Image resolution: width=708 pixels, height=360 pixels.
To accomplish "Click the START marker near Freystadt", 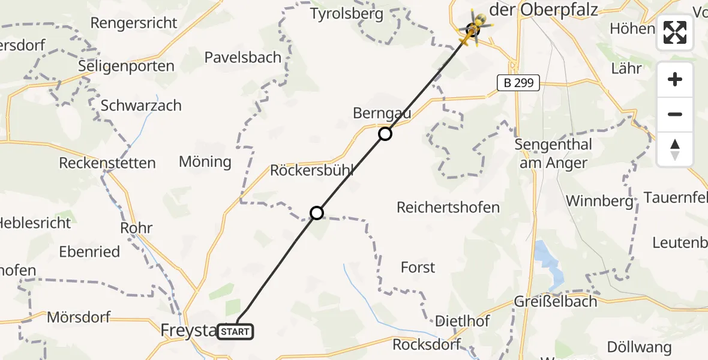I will tap(235, 331).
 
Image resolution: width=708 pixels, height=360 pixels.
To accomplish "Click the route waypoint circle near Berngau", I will tap(385, 134).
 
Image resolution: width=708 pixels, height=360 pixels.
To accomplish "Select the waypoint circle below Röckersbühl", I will tap(317, 212).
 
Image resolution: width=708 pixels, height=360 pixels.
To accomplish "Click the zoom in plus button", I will tap(675, 79).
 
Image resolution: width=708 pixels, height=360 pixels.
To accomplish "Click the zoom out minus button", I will tap(675, 114).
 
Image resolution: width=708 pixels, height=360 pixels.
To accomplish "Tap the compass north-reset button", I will tap(675, 149).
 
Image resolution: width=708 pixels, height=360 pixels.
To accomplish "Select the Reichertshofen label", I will tap(448, 208).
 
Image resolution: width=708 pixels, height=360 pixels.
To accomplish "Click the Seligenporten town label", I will tap(126, 66).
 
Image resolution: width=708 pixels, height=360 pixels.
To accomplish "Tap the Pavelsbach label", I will tap(242, 58).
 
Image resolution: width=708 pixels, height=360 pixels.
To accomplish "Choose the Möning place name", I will tap(205, 161).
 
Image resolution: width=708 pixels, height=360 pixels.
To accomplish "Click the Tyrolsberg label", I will tap(347, 14).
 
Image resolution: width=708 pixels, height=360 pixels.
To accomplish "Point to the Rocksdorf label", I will tap(427, 344).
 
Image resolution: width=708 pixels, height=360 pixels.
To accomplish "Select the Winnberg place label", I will tap(599, 201).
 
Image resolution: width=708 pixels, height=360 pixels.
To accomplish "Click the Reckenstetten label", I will tap(107, 163).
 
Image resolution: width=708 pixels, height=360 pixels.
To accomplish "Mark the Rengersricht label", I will tap(134, 23).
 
